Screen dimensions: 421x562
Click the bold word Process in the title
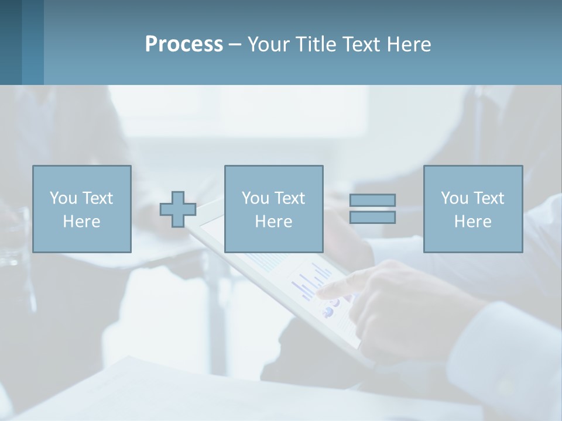(x=184, y=44)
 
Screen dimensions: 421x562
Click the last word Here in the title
(x=408, y=44)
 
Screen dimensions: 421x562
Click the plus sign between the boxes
(x=178, y=209)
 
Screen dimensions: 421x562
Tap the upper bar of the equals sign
(x=372, y=200)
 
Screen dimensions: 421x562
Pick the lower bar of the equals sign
(x=372, y=218)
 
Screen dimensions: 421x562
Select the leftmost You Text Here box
(x=81, y=209)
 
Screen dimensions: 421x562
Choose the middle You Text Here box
(x=273, y=209)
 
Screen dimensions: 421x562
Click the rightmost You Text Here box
(x=472, y=209)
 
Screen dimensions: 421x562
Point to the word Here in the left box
(x=81, y=222)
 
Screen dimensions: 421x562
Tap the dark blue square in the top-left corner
(x=11, y=42)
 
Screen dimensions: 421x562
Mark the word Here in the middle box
(x=273, y=222)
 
